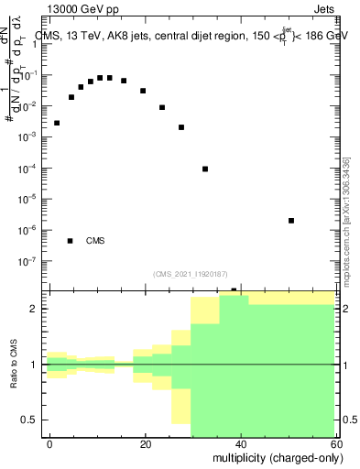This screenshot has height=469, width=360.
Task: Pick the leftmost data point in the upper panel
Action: [57, 123]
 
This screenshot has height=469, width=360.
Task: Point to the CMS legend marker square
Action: [70, 241]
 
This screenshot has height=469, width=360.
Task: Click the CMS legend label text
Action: [95, 242]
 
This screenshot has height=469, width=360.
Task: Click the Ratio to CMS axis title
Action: [15, 365]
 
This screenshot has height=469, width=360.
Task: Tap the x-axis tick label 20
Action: [146, 443]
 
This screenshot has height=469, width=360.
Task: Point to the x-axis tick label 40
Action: [242, 443]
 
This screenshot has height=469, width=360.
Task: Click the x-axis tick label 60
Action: [335, 443]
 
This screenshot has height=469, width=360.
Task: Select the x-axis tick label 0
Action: [50, 443]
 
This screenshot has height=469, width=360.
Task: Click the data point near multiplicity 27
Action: [181, 127]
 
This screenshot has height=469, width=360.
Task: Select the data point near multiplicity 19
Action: [143, 91]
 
